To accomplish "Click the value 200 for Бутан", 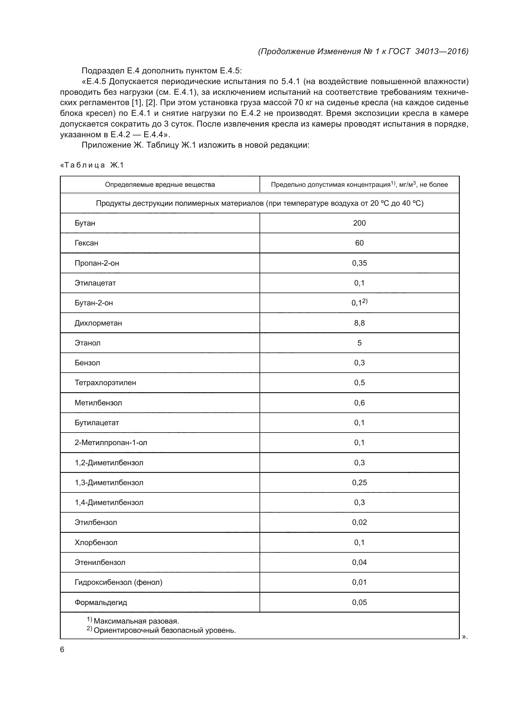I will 359,223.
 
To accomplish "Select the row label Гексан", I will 86,243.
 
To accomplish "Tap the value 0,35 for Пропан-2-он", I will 359,263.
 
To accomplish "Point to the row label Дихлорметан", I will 98,323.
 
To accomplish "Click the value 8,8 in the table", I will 359,323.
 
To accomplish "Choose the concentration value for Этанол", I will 359,343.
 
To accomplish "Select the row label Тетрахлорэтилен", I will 105,383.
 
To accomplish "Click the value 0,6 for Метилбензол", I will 359,403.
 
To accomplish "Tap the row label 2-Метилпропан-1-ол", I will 111,443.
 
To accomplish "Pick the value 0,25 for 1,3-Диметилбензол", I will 359,483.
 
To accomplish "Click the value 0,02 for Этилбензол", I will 359,522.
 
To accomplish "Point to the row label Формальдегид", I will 101,602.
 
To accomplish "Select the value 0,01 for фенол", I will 359,582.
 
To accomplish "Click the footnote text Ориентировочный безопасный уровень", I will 165,630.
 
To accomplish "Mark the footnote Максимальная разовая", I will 136,621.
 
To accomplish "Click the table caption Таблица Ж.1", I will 92,165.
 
